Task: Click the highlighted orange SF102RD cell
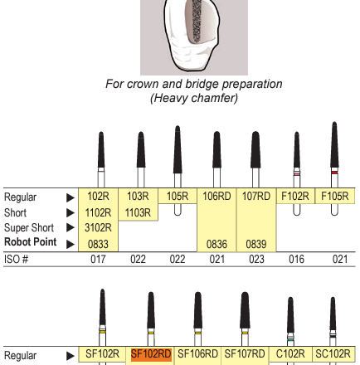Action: [151, 354]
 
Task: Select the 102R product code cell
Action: [98, 197]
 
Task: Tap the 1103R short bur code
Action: [138, 212]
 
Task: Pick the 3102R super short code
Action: [98, 227]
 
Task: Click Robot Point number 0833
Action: [98, 244]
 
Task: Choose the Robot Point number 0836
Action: [216, 244]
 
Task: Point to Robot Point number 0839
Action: [256, 244]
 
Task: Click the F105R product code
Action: [335, 197]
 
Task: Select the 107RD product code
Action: [256, 197]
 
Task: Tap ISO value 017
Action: [98, 260]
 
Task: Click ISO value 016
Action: [296, 260]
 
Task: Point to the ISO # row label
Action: [16, 260]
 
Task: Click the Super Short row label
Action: [29, 228]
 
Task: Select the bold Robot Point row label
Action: [31, 242]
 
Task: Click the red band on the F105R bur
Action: [334, 173]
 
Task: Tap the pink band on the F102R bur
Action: [297, 174]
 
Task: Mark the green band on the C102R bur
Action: [290, 339]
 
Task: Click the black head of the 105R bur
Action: [178, 149]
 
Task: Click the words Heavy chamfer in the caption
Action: [194, 98]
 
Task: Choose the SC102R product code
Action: [333, 354]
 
